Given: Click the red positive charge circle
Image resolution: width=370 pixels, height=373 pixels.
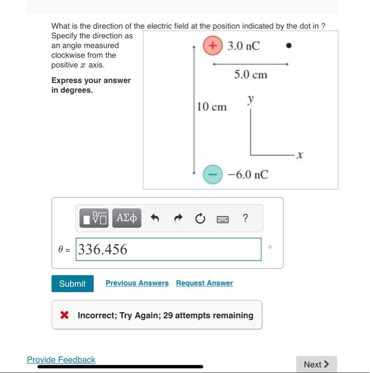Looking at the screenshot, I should pos(213,46).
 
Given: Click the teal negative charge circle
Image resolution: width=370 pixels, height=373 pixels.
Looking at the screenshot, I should pos(212,174).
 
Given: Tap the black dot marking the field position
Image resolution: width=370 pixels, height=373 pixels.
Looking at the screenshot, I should pos(289,46).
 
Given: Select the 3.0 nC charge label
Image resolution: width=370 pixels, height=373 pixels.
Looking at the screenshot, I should pos(244,46).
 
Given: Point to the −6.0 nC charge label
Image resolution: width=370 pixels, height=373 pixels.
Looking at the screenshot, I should pos(247,174).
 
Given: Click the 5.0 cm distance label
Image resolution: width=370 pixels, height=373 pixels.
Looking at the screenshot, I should pos(251,75).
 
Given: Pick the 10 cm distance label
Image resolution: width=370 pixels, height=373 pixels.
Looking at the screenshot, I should pos(212,107).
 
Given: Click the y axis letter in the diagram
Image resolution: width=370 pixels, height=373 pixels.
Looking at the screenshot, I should pos(251,100).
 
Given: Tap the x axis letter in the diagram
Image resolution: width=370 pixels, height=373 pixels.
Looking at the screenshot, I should pos(300,156).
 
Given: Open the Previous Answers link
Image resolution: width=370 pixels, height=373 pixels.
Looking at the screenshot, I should pos(137,283).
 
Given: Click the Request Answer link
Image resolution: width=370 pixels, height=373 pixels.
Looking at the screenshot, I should pos(204,283).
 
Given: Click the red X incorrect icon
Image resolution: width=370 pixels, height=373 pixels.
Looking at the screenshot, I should pos(65,315).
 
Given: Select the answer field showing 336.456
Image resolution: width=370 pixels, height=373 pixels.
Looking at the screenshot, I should pos(169,249).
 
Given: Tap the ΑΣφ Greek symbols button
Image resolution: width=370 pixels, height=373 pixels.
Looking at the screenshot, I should pos(126,218).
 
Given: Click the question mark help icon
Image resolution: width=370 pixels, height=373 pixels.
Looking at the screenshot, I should pos(245,218).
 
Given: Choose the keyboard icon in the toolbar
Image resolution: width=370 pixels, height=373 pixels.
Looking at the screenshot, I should pos(223,218).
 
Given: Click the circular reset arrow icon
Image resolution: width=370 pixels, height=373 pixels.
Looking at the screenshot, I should pos(200,218).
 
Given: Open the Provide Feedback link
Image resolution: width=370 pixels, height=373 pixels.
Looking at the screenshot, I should pos(61,360).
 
